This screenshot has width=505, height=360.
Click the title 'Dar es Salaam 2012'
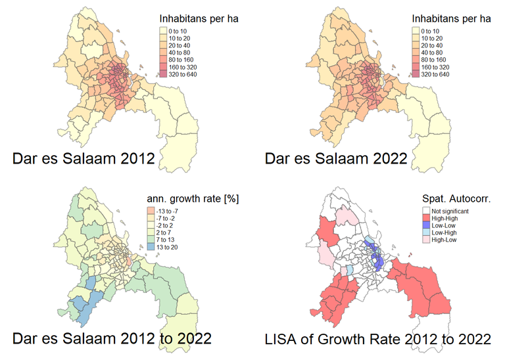pyautogui.click(x=84, y=159)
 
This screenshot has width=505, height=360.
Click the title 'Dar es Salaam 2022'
pyautogui.click(x=336, y=159)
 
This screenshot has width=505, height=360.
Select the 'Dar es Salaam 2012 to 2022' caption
pyautogui.click(x=112, y=339)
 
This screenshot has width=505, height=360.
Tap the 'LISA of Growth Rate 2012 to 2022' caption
pyautogui.click(x=377, y=339)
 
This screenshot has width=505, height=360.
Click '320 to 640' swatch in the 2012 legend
pyautogui.click(x=164, y=74)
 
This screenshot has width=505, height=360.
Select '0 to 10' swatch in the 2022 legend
pyautogui.click(x=417, y=30)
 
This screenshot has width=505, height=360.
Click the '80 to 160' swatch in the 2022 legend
pyautogui.click(x=417, y=60)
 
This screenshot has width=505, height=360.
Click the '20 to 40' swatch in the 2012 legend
pyautogui.click(x=164, y=45)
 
